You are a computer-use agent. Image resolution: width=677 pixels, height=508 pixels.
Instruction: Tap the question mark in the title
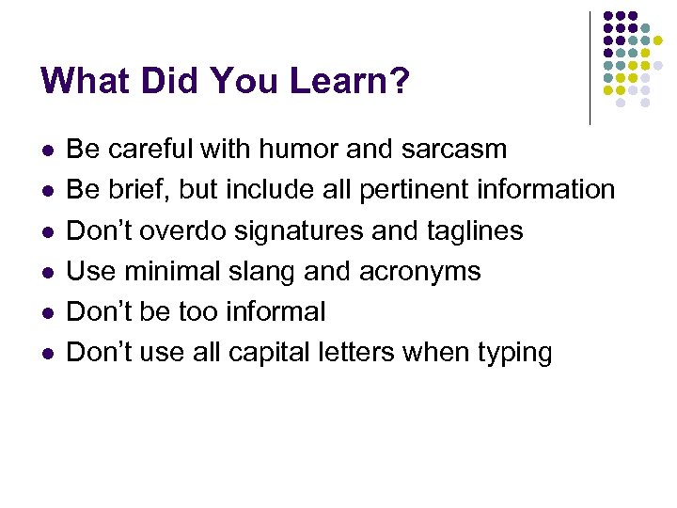(x=401, y=81)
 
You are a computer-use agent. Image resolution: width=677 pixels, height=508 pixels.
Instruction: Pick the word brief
(x=138, y=190)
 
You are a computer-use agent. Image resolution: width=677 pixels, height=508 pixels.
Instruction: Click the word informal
(x=278, y=311)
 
